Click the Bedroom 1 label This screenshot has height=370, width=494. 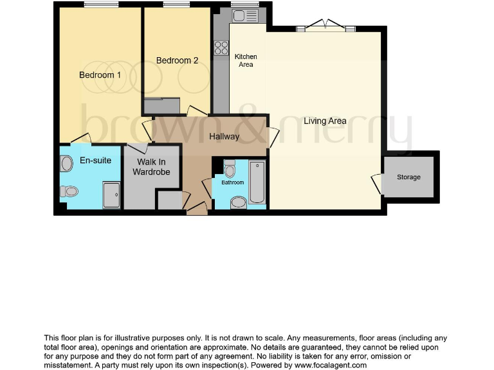[x=100, y=75]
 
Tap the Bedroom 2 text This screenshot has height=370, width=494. [x=177, y=60]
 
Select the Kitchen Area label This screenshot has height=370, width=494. [x=245, y=60]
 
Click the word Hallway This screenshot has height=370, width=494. [x=224, y=136]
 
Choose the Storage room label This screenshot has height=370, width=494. [x=408, y=177]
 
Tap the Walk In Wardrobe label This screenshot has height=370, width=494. [x=152, y=167]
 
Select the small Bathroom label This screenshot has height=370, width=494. [x=233, y=182]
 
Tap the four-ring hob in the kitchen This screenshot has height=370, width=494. [x=221, y=47]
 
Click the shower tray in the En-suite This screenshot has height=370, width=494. [x=111, y=195]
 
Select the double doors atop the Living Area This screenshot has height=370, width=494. [x=325, y=26]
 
